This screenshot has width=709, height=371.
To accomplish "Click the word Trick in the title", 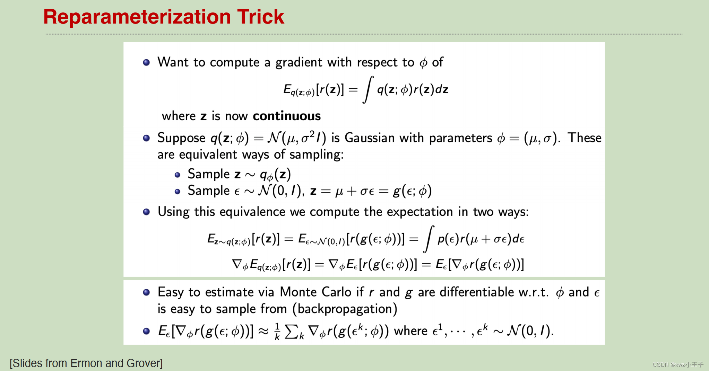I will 260,17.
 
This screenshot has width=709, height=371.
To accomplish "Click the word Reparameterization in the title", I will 137,17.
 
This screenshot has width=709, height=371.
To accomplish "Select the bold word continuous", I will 287,116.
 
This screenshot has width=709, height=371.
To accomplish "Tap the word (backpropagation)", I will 345,309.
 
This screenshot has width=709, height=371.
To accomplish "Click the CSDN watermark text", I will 678,364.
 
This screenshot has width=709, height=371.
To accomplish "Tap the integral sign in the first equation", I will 368,89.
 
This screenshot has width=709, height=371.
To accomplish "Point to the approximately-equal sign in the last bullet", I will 263,332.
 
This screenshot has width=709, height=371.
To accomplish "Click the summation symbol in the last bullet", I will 291,332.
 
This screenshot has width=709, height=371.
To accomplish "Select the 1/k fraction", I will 277,332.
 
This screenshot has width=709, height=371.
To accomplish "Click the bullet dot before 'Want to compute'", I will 146,62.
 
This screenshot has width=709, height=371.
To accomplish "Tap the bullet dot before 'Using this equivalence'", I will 146,212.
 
